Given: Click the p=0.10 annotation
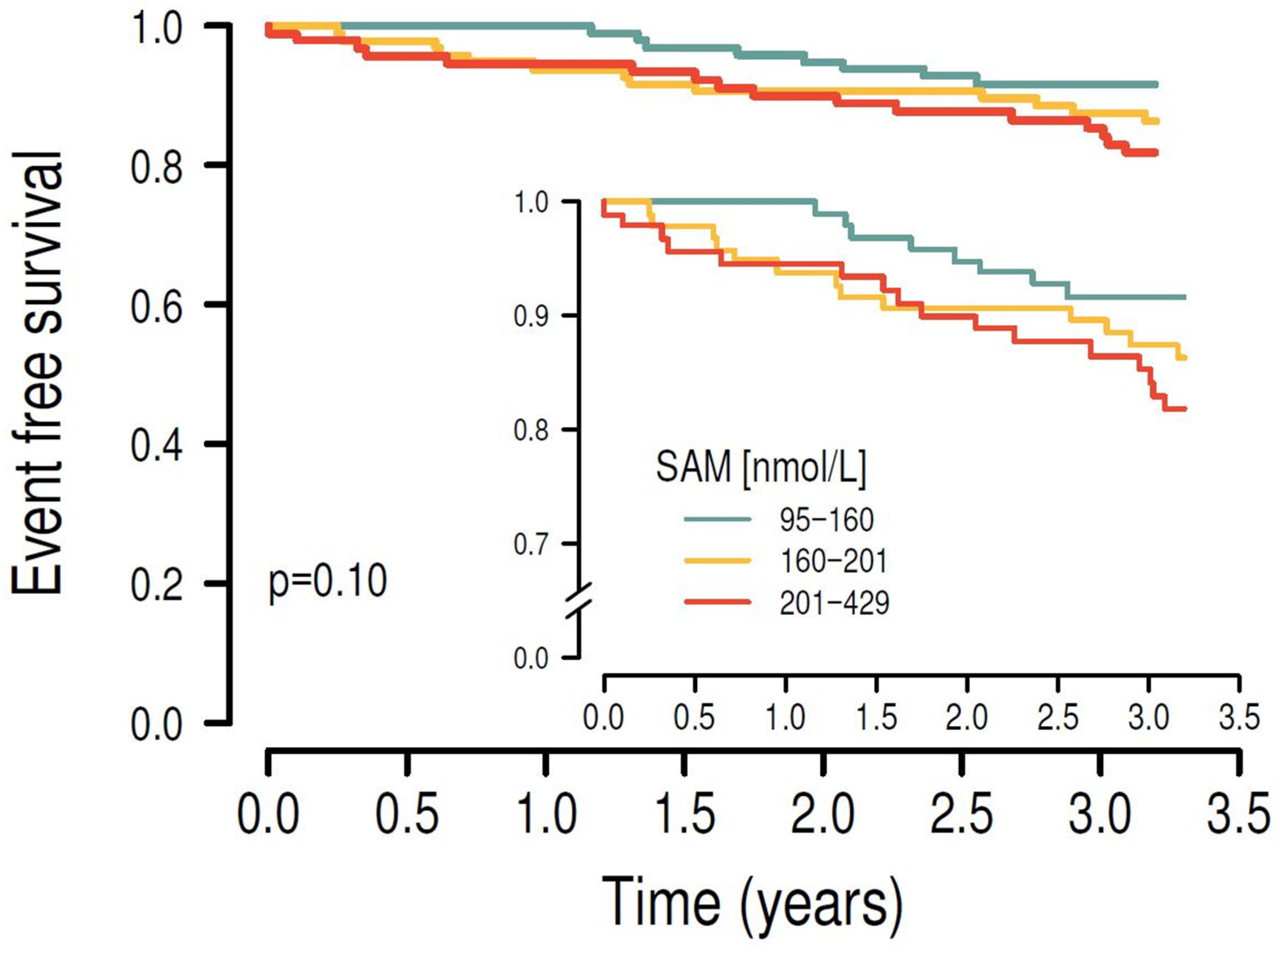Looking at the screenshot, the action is [328, 582].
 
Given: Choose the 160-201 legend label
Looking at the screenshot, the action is [833, 561].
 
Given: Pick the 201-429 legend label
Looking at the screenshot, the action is [834, 603].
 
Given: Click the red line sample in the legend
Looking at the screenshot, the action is [717, 602].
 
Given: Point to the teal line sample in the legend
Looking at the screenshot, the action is [717, 518].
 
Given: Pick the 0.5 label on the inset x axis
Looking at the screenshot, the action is [695, 718].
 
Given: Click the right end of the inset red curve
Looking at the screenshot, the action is [1185, 409].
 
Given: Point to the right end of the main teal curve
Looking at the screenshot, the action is [1156, 85].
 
